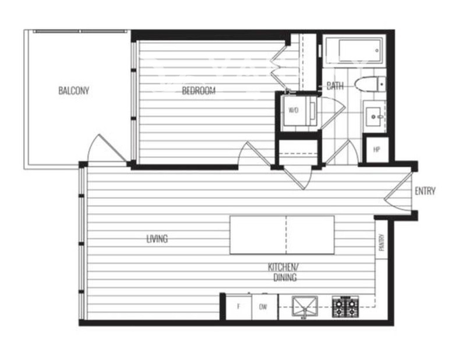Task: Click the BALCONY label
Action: (x=74, y=90)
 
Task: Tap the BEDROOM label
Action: (x=199, y=90)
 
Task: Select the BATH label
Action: (x=335, y=86)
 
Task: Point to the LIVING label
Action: (x=157, y=238)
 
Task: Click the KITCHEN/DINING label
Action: (x=284, y=272)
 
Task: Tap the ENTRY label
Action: (x=425, y=191)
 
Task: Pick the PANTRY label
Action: (x=382, y=242)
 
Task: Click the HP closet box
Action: (x=377, y=150)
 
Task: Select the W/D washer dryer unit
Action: (x=299, y=110)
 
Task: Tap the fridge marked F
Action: (x=239, y=306)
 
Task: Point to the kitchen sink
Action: (x=305, y=306)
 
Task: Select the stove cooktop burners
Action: (x=345, y=306)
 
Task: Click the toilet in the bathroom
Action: (x=370, y=84)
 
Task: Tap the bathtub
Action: (x=354, y=51)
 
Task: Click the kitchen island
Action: (x=282, y=235)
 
